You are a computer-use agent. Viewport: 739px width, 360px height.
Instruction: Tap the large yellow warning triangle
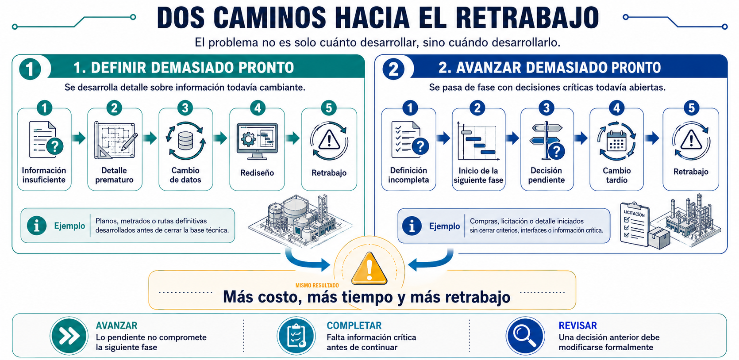369,269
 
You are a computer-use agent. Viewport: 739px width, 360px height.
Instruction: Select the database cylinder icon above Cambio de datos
185,141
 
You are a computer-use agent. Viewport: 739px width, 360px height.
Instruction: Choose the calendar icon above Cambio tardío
616,142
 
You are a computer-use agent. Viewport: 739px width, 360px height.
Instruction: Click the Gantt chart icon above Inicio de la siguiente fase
478,141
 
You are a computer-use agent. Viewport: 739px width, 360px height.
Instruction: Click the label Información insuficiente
44,175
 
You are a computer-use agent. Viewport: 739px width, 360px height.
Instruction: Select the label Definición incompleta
408,175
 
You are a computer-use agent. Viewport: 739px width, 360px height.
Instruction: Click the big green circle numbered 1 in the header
30,69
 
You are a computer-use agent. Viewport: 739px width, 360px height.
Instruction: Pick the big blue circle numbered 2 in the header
393,69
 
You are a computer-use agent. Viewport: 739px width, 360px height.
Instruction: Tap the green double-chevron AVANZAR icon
69,336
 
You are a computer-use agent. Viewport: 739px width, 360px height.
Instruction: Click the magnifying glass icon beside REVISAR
525,336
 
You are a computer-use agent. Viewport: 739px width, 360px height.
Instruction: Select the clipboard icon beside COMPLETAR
296,336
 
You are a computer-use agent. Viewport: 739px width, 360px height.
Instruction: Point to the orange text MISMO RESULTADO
317,286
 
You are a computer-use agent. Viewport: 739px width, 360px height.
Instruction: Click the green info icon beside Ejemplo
37,226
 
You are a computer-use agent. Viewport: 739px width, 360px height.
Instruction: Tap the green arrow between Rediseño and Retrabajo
293,138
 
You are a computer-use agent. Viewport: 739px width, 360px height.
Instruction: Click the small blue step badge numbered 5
691,108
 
